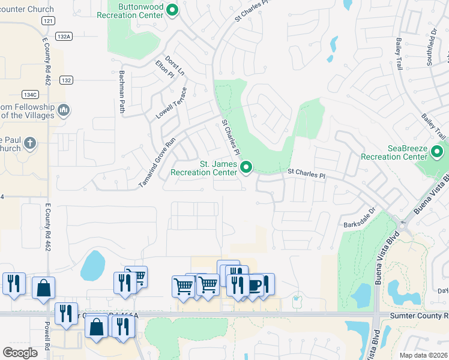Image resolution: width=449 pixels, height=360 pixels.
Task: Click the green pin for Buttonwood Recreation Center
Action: click(x=173, y=10)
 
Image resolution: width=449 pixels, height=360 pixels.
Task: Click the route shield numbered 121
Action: click(x=49, y=20)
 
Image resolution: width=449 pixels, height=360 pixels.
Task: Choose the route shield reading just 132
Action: click(x=66, y=80)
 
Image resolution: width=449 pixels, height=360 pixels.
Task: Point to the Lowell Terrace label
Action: click(x=172, y=103)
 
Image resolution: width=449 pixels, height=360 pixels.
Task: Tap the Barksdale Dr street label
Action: click(x=358, y=218)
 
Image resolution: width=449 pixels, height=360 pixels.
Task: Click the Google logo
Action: click(x=20, y=352)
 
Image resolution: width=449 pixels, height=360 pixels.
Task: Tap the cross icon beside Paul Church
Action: click(x=29, y=144)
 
